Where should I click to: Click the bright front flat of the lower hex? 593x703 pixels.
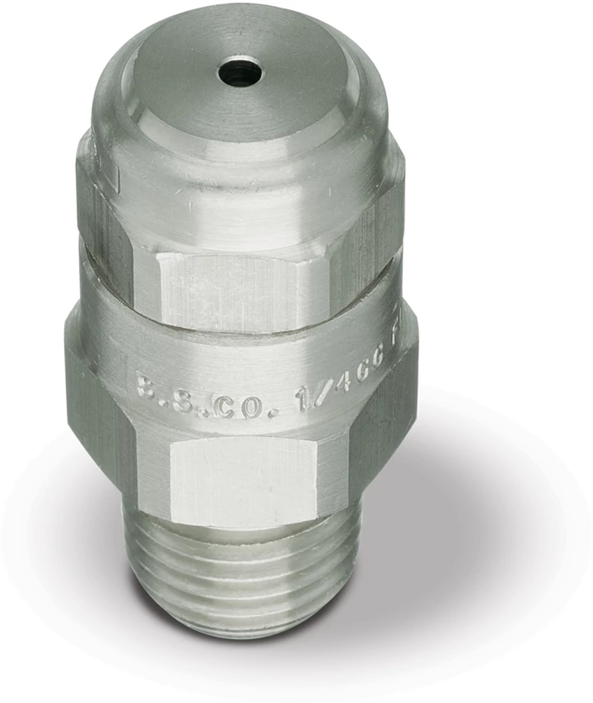[242, 482]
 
